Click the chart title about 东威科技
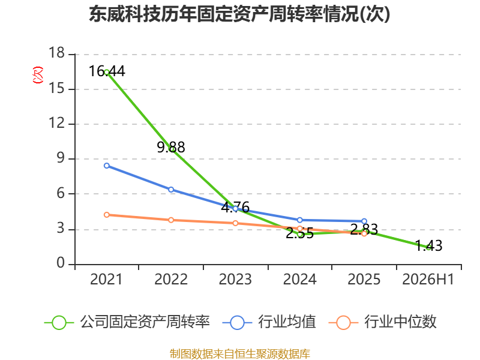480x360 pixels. (x=239, y=14)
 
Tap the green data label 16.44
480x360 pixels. (x=107, y=71)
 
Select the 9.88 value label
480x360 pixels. (x=171, y=147)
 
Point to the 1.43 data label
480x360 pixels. (x=428, y=245)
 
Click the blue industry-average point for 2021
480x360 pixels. (x=107, y=166)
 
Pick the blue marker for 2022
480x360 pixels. (x=171, y=190)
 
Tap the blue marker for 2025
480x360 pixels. (x=364, y=221)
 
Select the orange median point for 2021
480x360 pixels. (x=107, y=215)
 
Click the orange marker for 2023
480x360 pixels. (x=235, y=223)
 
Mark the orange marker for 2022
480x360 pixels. (x=171, y=220)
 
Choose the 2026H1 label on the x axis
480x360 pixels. (x=428, y=279)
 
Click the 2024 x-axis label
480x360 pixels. (x=299, y=279)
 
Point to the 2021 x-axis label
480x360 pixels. (x=106, y=279)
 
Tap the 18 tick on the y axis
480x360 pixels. (x=57, y=53)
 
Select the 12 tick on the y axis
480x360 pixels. (x=57, y=123)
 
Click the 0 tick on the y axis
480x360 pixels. (x=61, y=263)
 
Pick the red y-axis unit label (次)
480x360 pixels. (x=38, y=75)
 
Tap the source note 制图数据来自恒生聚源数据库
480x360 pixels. (x=240, y=354)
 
